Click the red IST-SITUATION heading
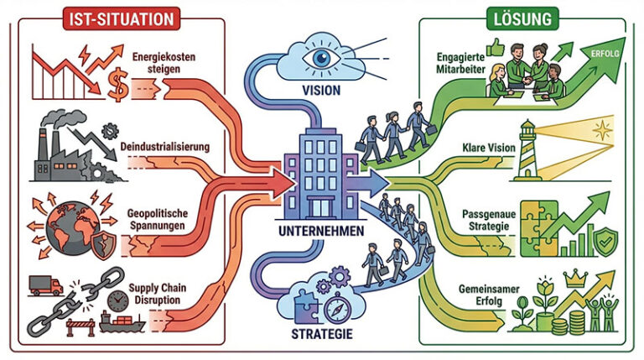[118, 16]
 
